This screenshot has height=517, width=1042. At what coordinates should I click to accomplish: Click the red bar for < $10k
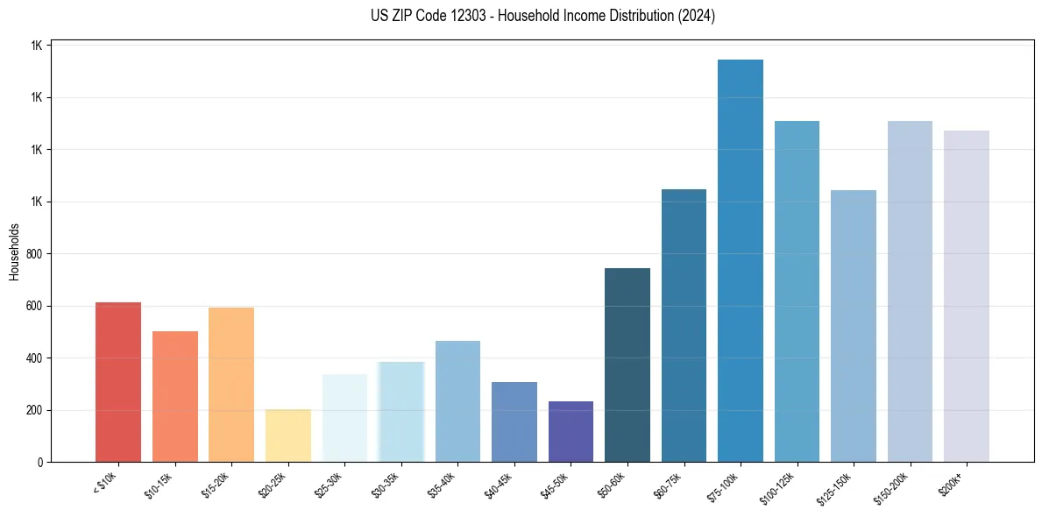pos(118,382)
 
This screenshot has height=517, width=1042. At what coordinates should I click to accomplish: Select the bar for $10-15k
pos(175,396)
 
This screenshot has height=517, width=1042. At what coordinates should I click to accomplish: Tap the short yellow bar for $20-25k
pos(288,436)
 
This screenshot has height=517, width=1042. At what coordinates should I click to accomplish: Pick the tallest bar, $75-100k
pos(741,260)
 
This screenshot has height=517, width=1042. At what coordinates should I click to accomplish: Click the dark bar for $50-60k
pos(627,365)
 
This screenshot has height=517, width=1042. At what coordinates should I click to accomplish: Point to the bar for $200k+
pos(967,296)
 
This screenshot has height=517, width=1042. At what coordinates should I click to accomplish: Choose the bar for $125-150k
pos(854,326)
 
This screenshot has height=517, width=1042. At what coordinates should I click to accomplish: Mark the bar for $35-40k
pos(457,401)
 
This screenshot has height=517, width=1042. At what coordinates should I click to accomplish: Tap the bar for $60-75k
pos(684,325)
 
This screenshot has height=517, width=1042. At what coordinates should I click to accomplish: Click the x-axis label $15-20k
pos(216,485)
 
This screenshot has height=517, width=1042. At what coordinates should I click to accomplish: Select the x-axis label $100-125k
pos(779,486)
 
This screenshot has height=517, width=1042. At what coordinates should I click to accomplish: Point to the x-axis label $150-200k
pos(892,486)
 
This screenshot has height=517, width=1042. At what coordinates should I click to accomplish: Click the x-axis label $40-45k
pos(499,485)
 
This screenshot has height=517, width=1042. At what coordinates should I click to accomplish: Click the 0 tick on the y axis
pos(40,463)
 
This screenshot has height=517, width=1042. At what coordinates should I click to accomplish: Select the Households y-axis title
pos(15,251)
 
